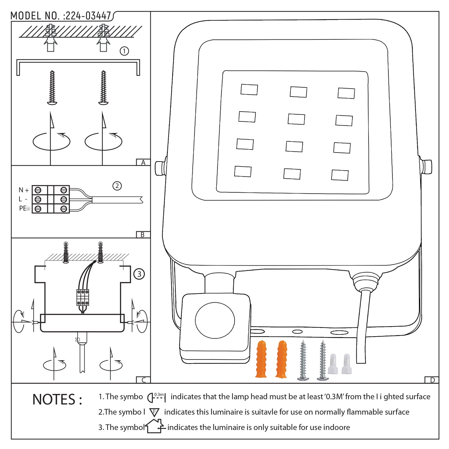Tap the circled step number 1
tap(124, 51)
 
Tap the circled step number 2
tap(117, 186)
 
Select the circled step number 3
tap(139, 274)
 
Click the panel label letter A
tap(143, 163)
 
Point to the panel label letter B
tap(143, 235)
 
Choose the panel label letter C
tap(143, 380)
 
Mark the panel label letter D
tap(432, 380)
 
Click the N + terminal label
tap(24, 190)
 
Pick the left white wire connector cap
tap(333, 364)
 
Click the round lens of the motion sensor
tap(215, 320)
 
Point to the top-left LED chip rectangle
tap(249, 89)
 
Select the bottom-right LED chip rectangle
tap(340, 175)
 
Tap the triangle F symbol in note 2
tap(154, 412)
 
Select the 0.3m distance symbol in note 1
tap(157, 397)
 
